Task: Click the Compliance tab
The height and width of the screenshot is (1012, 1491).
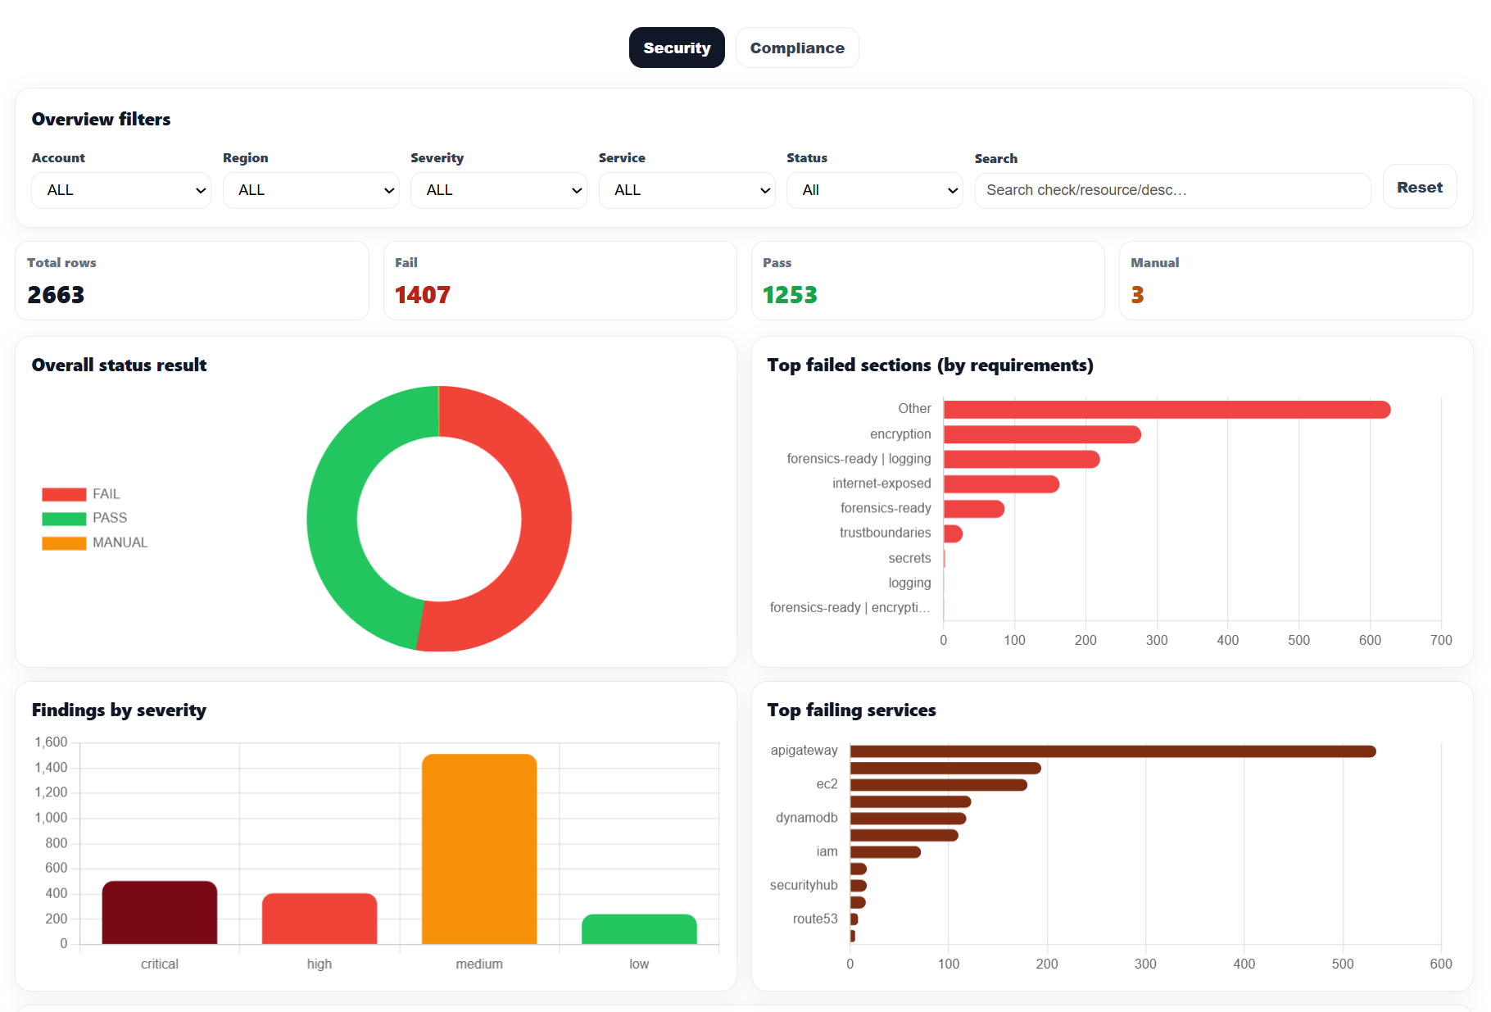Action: point(796,48)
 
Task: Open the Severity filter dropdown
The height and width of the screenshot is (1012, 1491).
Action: point(498,190)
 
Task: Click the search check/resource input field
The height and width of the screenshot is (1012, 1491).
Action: point(1171,190)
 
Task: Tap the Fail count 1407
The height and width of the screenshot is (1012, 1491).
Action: point(423,295)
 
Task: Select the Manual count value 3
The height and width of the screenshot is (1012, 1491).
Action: point(1137,295)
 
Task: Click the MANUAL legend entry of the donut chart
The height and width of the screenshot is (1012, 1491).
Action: point(120,542)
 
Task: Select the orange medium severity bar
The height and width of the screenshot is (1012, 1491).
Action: point(479,848)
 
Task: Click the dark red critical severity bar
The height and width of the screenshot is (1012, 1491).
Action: point(160,912)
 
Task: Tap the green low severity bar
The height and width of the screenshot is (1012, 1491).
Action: point(639,929)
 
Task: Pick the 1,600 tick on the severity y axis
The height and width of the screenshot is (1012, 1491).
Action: point(51,742)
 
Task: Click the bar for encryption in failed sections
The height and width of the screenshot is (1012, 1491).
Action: point(1041,434)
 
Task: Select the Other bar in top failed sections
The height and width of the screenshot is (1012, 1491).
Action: point(1166,409)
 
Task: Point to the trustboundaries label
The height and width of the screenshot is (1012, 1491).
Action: point(885,533)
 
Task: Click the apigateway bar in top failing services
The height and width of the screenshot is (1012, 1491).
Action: point(1113,751)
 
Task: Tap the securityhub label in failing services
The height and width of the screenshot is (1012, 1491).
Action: point(804,885)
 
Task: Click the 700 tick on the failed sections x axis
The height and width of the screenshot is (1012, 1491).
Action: point(1440,640)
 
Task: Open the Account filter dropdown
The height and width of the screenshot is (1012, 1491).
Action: point(121,190)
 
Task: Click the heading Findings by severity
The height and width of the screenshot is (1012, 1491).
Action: point(119,710)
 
